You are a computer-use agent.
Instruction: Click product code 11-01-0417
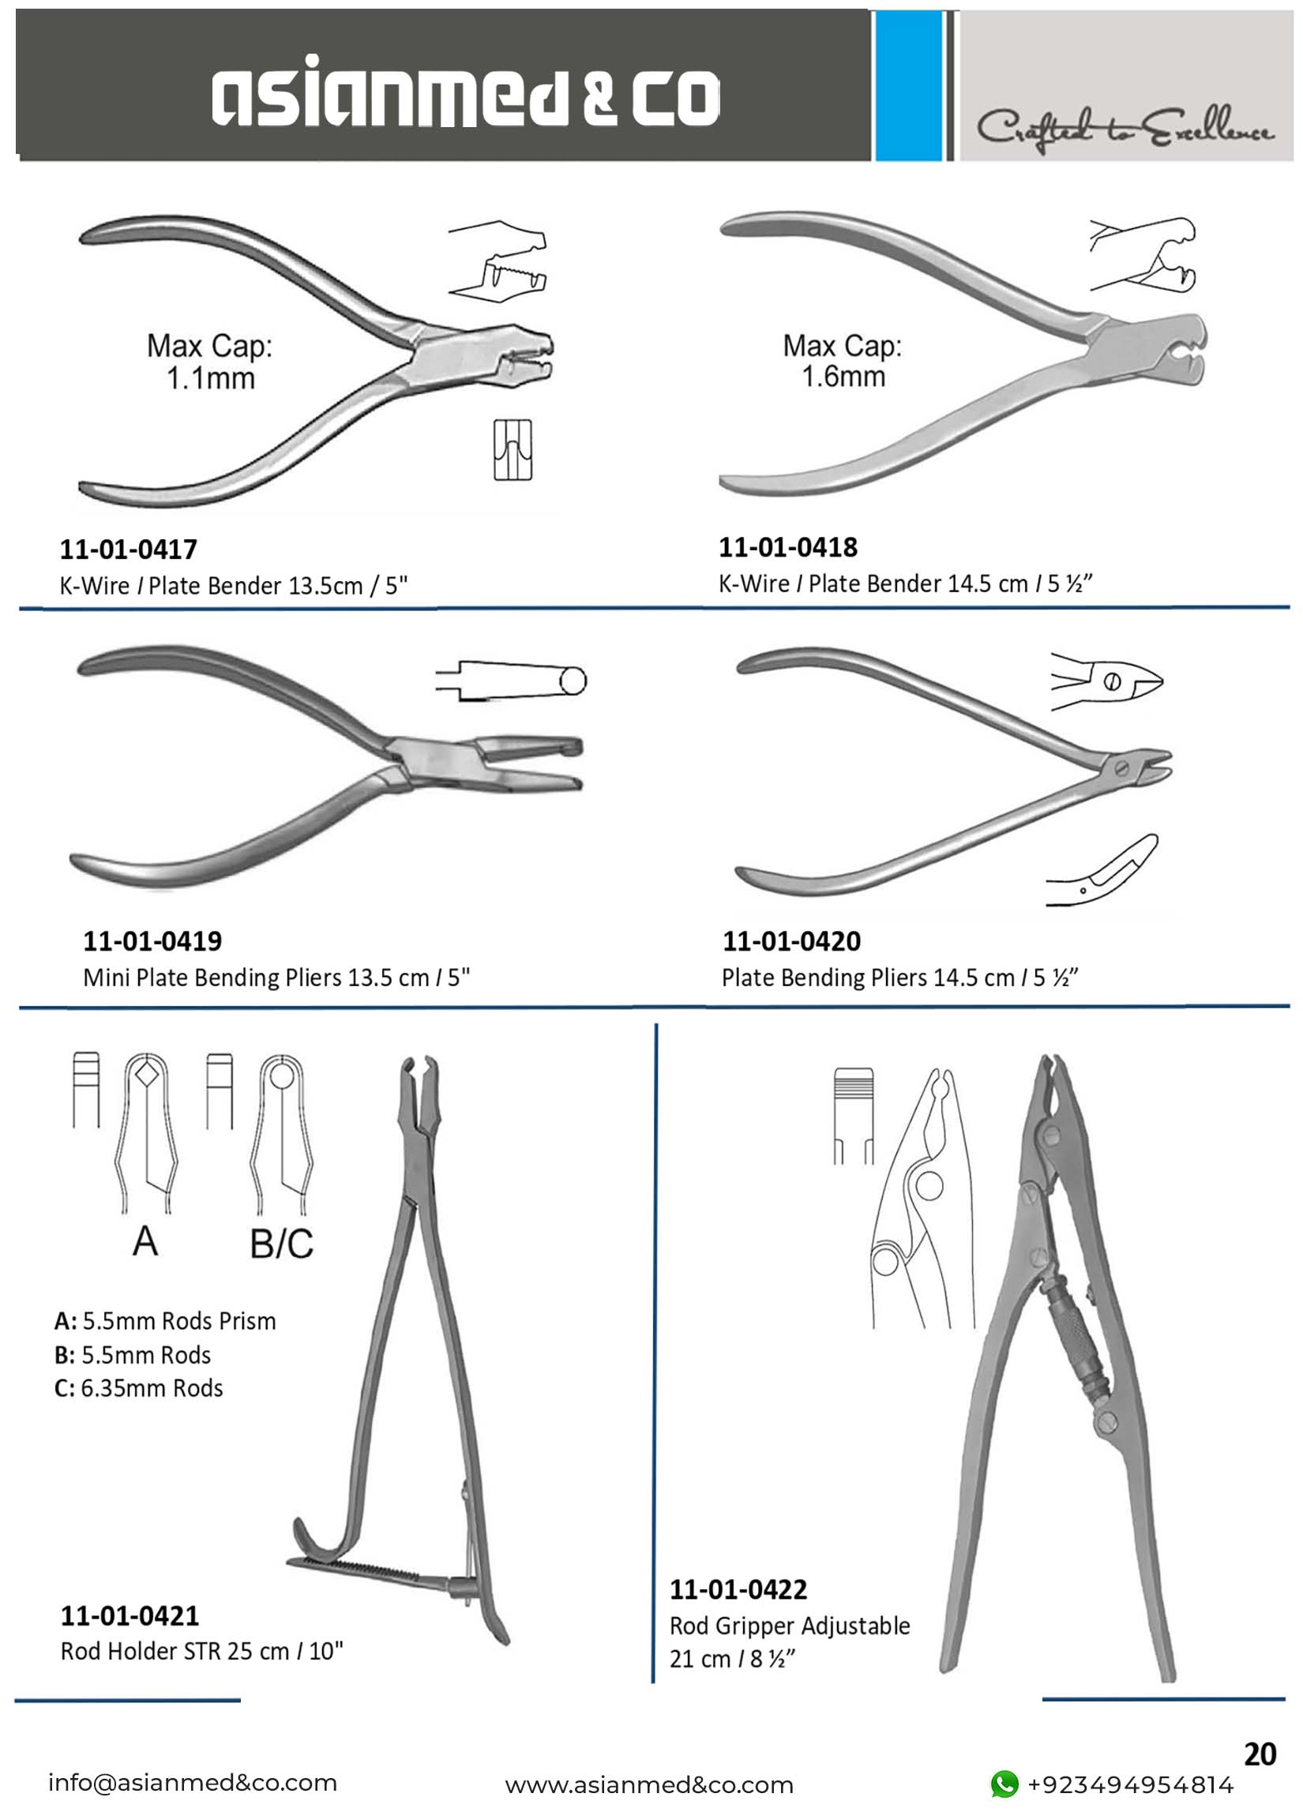tap(128, 550)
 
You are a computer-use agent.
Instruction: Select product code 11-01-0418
tap(788, 548)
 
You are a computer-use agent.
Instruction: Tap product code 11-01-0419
tap(152, 941)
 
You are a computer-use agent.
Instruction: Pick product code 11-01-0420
tap(791, 941)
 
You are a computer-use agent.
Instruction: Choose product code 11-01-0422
tap(738, 1589)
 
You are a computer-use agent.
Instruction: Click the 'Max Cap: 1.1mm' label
tap(210, 362)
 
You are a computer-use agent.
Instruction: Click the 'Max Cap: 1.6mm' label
tap(843, 361)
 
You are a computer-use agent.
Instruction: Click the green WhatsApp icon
tap(1004, 1784)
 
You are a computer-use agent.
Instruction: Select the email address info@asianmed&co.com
tap(192, 1783)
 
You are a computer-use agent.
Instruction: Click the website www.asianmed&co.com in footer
tap(648, 1785)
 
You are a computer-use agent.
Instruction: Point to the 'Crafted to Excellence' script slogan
tap(1125, 128)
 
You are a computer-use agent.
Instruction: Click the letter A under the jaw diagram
tap(145, 1241)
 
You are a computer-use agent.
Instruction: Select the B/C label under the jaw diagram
tap(281, 1244)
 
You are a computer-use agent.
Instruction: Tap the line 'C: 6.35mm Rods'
tap(138, 1387)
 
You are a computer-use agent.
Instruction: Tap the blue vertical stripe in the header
tap(909, 86)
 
